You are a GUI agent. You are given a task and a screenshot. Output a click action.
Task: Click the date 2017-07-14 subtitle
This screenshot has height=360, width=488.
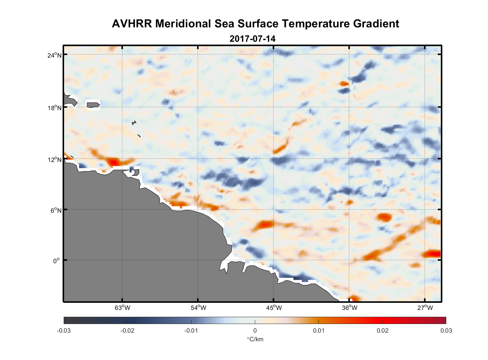tap(252, 39)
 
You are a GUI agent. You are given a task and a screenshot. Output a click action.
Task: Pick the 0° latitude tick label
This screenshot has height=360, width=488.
tap(57, 261)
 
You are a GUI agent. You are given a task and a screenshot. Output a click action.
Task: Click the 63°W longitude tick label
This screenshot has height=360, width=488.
tap(122, 308)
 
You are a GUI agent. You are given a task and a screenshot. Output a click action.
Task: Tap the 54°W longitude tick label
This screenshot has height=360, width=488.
tap(198, 308)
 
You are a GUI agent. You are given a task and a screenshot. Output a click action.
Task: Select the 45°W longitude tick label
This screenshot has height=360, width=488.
tap(274, 308)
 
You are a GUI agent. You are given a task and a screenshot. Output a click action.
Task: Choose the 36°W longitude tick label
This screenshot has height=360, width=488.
tap(349, 308)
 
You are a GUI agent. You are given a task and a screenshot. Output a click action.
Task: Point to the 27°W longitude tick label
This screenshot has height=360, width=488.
tap(425, 308)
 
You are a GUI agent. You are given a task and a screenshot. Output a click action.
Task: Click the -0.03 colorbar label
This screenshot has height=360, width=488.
tap(64, 330)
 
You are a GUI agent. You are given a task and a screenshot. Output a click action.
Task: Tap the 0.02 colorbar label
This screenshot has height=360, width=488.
tap(382, 330)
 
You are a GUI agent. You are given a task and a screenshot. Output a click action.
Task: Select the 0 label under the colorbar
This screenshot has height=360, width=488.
tap(255, 330)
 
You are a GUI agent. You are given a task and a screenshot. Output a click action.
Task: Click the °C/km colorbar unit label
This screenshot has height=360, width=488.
tap(255, 339)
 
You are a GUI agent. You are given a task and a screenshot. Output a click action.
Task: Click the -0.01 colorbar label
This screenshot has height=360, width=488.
tap(191, 330)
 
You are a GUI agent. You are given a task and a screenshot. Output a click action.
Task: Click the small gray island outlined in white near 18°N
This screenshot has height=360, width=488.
tap(93, 105)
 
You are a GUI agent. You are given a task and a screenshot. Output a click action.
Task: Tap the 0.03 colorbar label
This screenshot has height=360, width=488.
tap(446, 330)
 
